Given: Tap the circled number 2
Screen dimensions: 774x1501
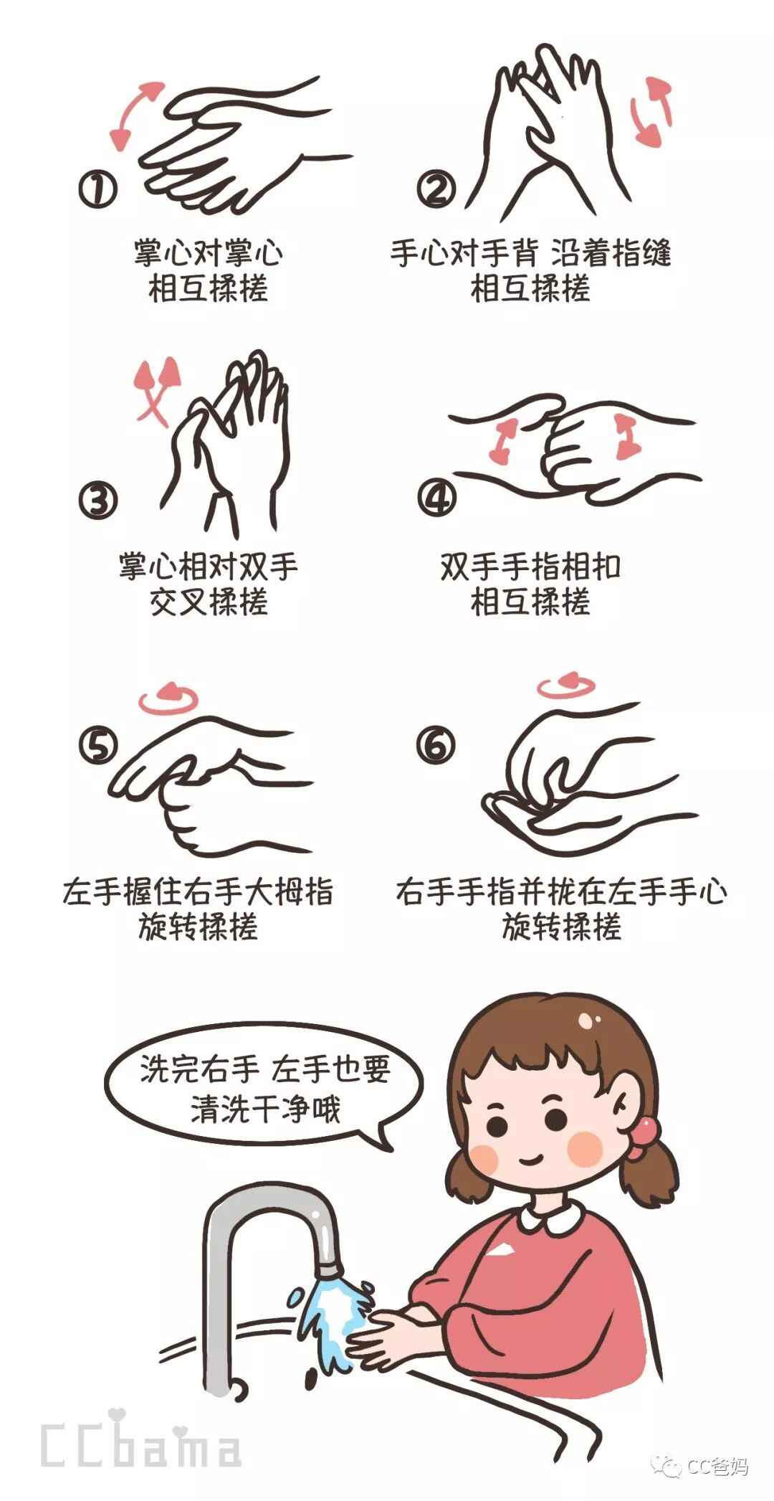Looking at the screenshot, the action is click(x=436, y=190).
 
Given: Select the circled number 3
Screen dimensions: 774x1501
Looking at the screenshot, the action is click(x=97, y=500).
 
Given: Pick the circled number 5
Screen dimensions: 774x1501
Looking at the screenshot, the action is click(x=97, y=746).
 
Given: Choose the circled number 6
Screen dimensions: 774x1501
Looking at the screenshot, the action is click(x=436, y=746).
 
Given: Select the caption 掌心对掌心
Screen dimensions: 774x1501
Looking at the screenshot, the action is click(x=208, y=252).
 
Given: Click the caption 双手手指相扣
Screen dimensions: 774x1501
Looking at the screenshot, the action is click(x=530, y=567).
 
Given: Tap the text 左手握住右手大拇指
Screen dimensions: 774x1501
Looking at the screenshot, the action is click(x=198, y=892).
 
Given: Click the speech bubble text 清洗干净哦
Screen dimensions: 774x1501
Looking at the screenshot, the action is click(x=265, y=1109).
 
